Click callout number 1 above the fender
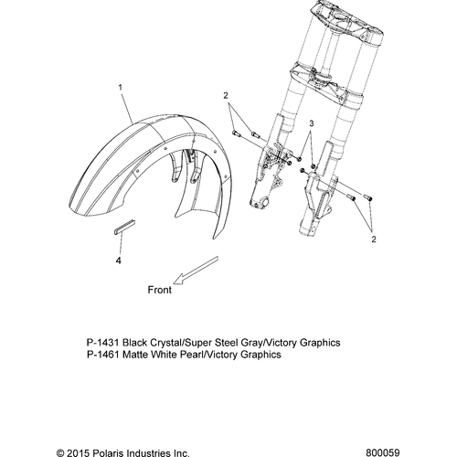coord(121,88)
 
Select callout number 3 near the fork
coord(312,123)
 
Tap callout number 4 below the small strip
coord(119,260)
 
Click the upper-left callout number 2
coord(226,95)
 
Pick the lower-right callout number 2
coord(374,239)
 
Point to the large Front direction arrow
coord(196,271)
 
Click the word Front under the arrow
coord(160,290)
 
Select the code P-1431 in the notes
coord(102,343)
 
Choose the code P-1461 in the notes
coord(102,355)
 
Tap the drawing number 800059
coord(383,452)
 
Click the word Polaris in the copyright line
coord(103,453)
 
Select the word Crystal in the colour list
coord(165,343)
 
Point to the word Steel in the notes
coord(227,343)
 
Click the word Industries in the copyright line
coord(144,453)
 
